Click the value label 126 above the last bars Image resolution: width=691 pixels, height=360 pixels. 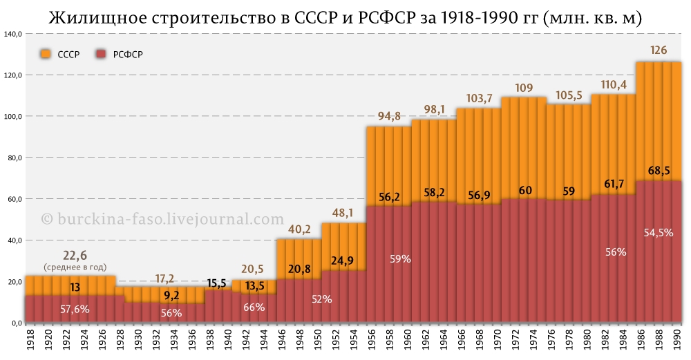click(x=659, y=50)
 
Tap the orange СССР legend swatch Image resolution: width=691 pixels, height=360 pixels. click(x=46, y=54)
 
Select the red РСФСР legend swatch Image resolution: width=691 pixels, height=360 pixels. click(x=102, y=54)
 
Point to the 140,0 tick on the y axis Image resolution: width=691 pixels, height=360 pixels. click(x=13, y=34)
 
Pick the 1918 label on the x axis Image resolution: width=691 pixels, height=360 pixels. click(x=30, y=340)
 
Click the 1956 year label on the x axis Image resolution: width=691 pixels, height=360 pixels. click(x=372, y=340)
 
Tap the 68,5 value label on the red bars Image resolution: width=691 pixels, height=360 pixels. click(x=659, y=170)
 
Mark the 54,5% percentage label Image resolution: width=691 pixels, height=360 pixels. click(x=659, y=233)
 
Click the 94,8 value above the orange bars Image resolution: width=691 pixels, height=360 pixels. click(x=389, y=115)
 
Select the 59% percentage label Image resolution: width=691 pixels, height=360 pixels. click(x=401, y=259)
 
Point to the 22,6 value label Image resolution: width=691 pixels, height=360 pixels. click(x=75, y=256)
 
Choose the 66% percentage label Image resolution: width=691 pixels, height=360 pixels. click(x=254, y=307)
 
